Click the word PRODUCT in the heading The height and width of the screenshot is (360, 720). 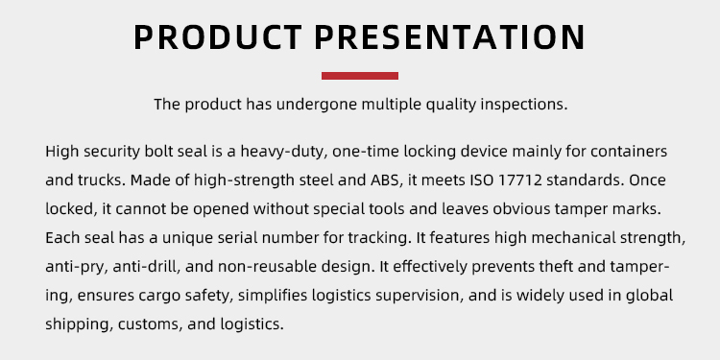218,36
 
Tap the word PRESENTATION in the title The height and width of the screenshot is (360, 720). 450,36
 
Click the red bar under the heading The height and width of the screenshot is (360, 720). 360,76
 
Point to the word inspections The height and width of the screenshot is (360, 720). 524,105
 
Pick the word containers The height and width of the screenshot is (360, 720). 629,151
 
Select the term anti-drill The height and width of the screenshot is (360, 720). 147,267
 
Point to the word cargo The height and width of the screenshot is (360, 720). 159,296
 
